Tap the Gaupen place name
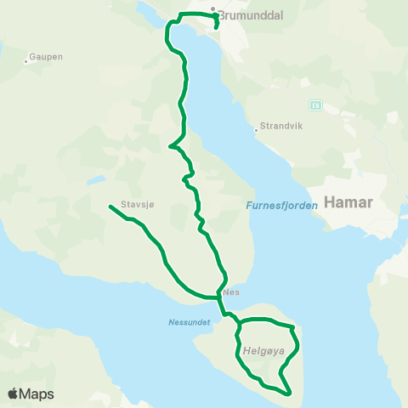46,57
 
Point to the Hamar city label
355,204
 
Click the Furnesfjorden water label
281,205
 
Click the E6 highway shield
315,105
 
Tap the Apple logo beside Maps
13,394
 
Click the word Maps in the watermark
37,394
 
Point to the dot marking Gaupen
24,58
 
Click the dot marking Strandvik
256,130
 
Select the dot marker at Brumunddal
213,9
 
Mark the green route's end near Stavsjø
110,207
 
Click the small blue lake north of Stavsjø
96,179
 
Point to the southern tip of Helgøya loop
290,394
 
